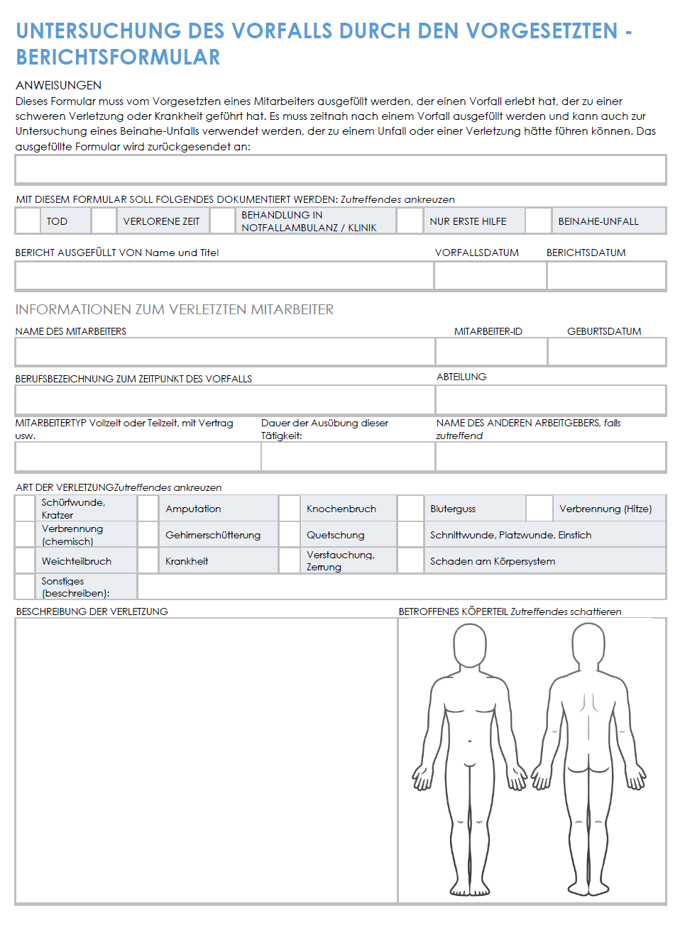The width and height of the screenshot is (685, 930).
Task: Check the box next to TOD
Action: coord(28,221)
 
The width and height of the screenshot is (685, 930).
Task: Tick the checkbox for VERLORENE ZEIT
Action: coord(104,221)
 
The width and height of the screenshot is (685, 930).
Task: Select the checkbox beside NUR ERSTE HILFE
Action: coord(410,221)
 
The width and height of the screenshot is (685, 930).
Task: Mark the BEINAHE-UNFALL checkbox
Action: coord(539,221)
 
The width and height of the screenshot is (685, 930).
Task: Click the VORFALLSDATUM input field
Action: coord(490,275)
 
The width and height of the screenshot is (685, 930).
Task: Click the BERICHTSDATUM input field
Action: coord(606,275)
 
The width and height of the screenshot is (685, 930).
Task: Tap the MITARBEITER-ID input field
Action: coord(491,351)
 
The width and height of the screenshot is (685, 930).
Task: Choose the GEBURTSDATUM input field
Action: coord(607,351)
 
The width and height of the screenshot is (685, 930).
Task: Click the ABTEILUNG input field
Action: coord(551,400)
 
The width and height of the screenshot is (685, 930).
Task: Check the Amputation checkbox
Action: coord(148,509)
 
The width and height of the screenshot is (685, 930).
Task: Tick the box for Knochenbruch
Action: coord(289,509)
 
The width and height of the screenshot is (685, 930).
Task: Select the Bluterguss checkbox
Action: coord(410,509)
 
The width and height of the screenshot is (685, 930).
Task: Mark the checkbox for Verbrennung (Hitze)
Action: coord(539,509)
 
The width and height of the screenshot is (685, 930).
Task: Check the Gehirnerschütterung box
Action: coord(148,535)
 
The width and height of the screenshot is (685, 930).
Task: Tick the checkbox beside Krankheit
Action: coord(148,560)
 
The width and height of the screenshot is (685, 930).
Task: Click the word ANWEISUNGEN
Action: coord(58,85)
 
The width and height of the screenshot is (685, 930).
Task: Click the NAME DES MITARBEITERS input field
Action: coord(225,351)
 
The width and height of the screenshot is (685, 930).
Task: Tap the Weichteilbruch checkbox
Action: coord(26,560)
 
